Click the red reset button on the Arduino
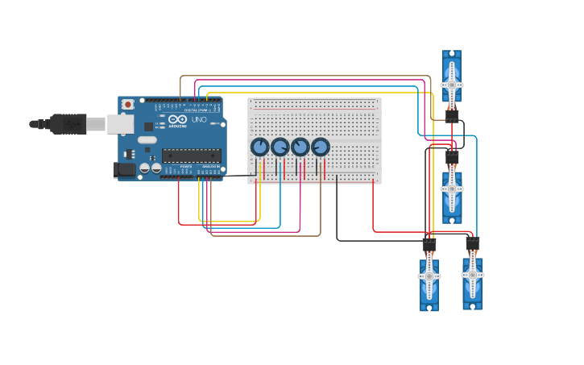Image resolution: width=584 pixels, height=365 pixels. pyautogui.click(x=127, y=105)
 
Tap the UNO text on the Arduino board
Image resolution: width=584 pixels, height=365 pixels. pyautogui.click(x=199, y=120)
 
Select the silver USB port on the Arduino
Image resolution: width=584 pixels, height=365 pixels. pyautogui.click(x=121, y=123)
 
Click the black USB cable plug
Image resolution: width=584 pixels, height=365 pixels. pyautogui.click(x=68, y=123)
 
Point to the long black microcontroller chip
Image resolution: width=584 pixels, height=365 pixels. pyautogui.click(x=191, y=155)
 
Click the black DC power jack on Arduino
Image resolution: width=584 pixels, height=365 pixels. pyautogui.click(x=125, y=169)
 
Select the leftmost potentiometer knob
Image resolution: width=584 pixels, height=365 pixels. pyautogui.click(x=259, y=147)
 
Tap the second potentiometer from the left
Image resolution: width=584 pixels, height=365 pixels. pyautogui.click(x=280, y=147)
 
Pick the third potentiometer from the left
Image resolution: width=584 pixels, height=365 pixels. pyautogui.click(x=300, y=147)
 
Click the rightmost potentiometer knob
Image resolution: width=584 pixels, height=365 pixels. pyautogui.click(x=321, y=147)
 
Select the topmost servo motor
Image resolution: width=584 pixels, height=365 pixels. pyautogui.click(x=452, y=79)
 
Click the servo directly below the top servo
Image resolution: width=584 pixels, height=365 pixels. pyautogui.click(x=452, y=193)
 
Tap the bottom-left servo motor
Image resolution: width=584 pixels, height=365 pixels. pyautogui.click(x=429, y=282)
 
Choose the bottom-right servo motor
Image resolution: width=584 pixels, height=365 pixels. pyautogui.click(x=473, y=280)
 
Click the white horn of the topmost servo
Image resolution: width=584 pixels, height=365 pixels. pyautogui.click(x=452, y=85)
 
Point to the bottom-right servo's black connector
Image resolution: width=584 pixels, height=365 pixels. pyautogui.click(x=473, y=242)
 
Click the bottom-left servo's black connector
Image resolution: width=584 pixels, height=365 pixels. pyautogui.click(x=429, y=243)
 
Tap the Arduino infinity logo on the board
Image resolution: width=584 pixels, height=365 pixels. pyautogui.click(x=178, y=120)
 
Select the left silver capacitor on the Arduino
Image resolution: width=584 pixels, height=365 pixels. pyautogui.click(x=145, y=168)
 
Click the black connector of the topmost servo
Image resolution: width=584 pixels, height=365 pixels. pyautogui.click(x=452, y=116)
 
